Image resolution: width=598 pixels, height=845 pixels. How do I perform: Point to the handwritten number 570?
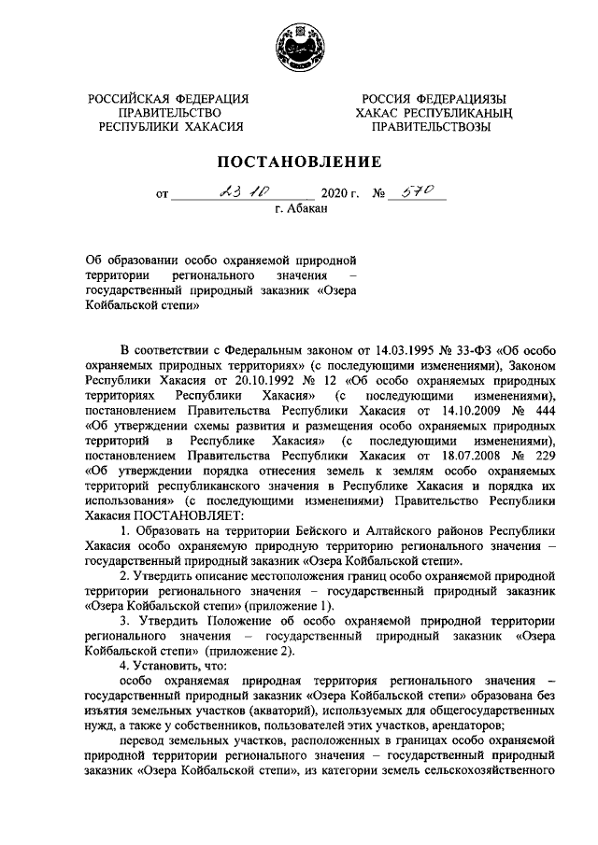tap(419, 192)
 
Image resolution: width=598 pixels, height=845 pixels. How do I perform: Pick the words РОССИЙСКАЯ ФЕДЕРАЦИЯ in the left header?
tap(168, 99)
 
